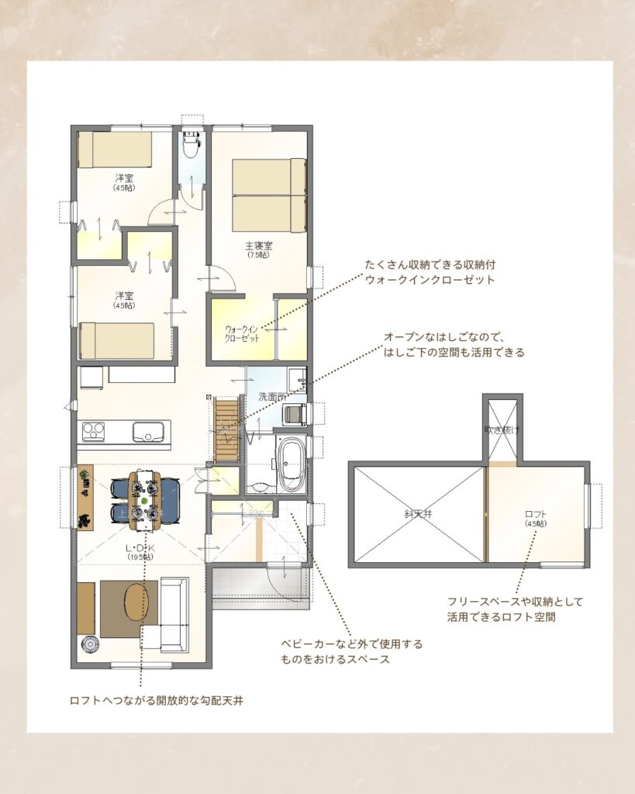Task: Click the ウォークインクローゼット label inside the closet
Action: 241,333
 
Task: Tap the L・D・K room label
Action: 141,547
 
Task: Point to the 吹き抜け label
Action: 498,429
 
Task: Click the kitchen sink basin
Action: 147,431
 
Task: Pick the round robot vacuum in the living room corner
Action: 88,644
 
